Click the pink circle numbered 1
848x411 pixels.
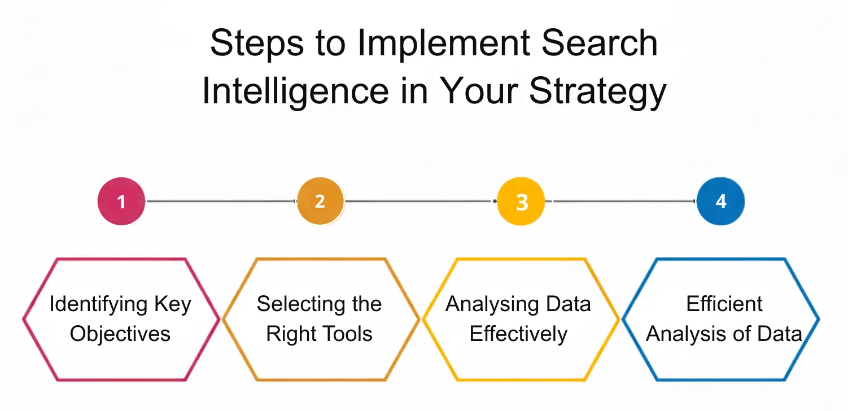[x=121, y=202]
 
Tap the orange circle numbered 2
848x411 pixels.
[x=320, y=202]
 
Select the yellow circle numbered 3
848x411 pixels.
[x=521, y=202]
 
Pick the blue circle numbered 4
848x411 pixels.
[x=721, y=202]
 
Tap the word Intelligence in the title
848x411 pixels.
[x=295, y=91]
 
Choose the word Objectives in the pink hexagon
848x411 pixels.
[x=120, y=334]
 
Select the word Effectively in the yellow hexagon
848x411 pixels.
[x=518, y=334]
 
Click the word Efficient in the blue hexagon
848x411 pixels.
[x=724, y=305]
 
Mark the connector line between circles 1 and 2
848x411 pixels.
[x=221, y=202]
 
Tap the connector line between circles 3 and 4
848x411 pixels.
[x=621, y=202]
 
